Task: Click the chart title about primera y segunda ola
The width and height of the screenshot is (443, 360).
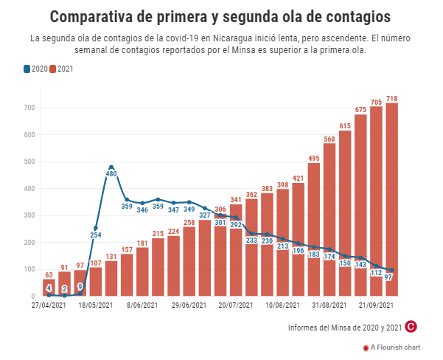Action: tap(221, 15)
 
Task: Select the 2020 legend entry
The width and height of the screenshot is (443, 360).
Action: tap(36, 69)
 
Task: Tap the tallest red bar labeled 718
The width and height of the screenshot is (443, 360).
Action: tap(392, 199)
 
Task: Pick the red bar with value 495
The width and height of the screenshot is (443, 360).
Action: tap(314, 229)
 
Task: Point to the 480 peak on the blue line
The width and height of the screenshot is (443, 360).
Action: tap(111, 167)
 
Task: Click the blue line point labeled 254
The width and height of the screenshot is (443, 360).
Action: tap(96, 228)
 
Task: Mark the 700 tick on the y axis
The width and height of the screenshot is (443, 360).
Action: tap(29, 108)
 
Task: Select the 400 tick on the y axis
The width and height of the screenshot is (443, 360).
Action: tap(29, 189)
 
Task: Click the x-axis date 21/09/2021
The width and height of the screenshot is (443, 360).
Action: tap(374, 304)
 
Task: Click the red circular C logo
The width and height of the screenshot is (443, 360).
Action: tap(412, 326)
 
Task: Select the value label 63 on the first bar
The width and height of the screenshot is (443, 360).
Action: tap(49, 274)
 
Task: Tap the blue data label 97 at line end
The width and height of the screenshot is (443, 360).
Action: tap(391, 277)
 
